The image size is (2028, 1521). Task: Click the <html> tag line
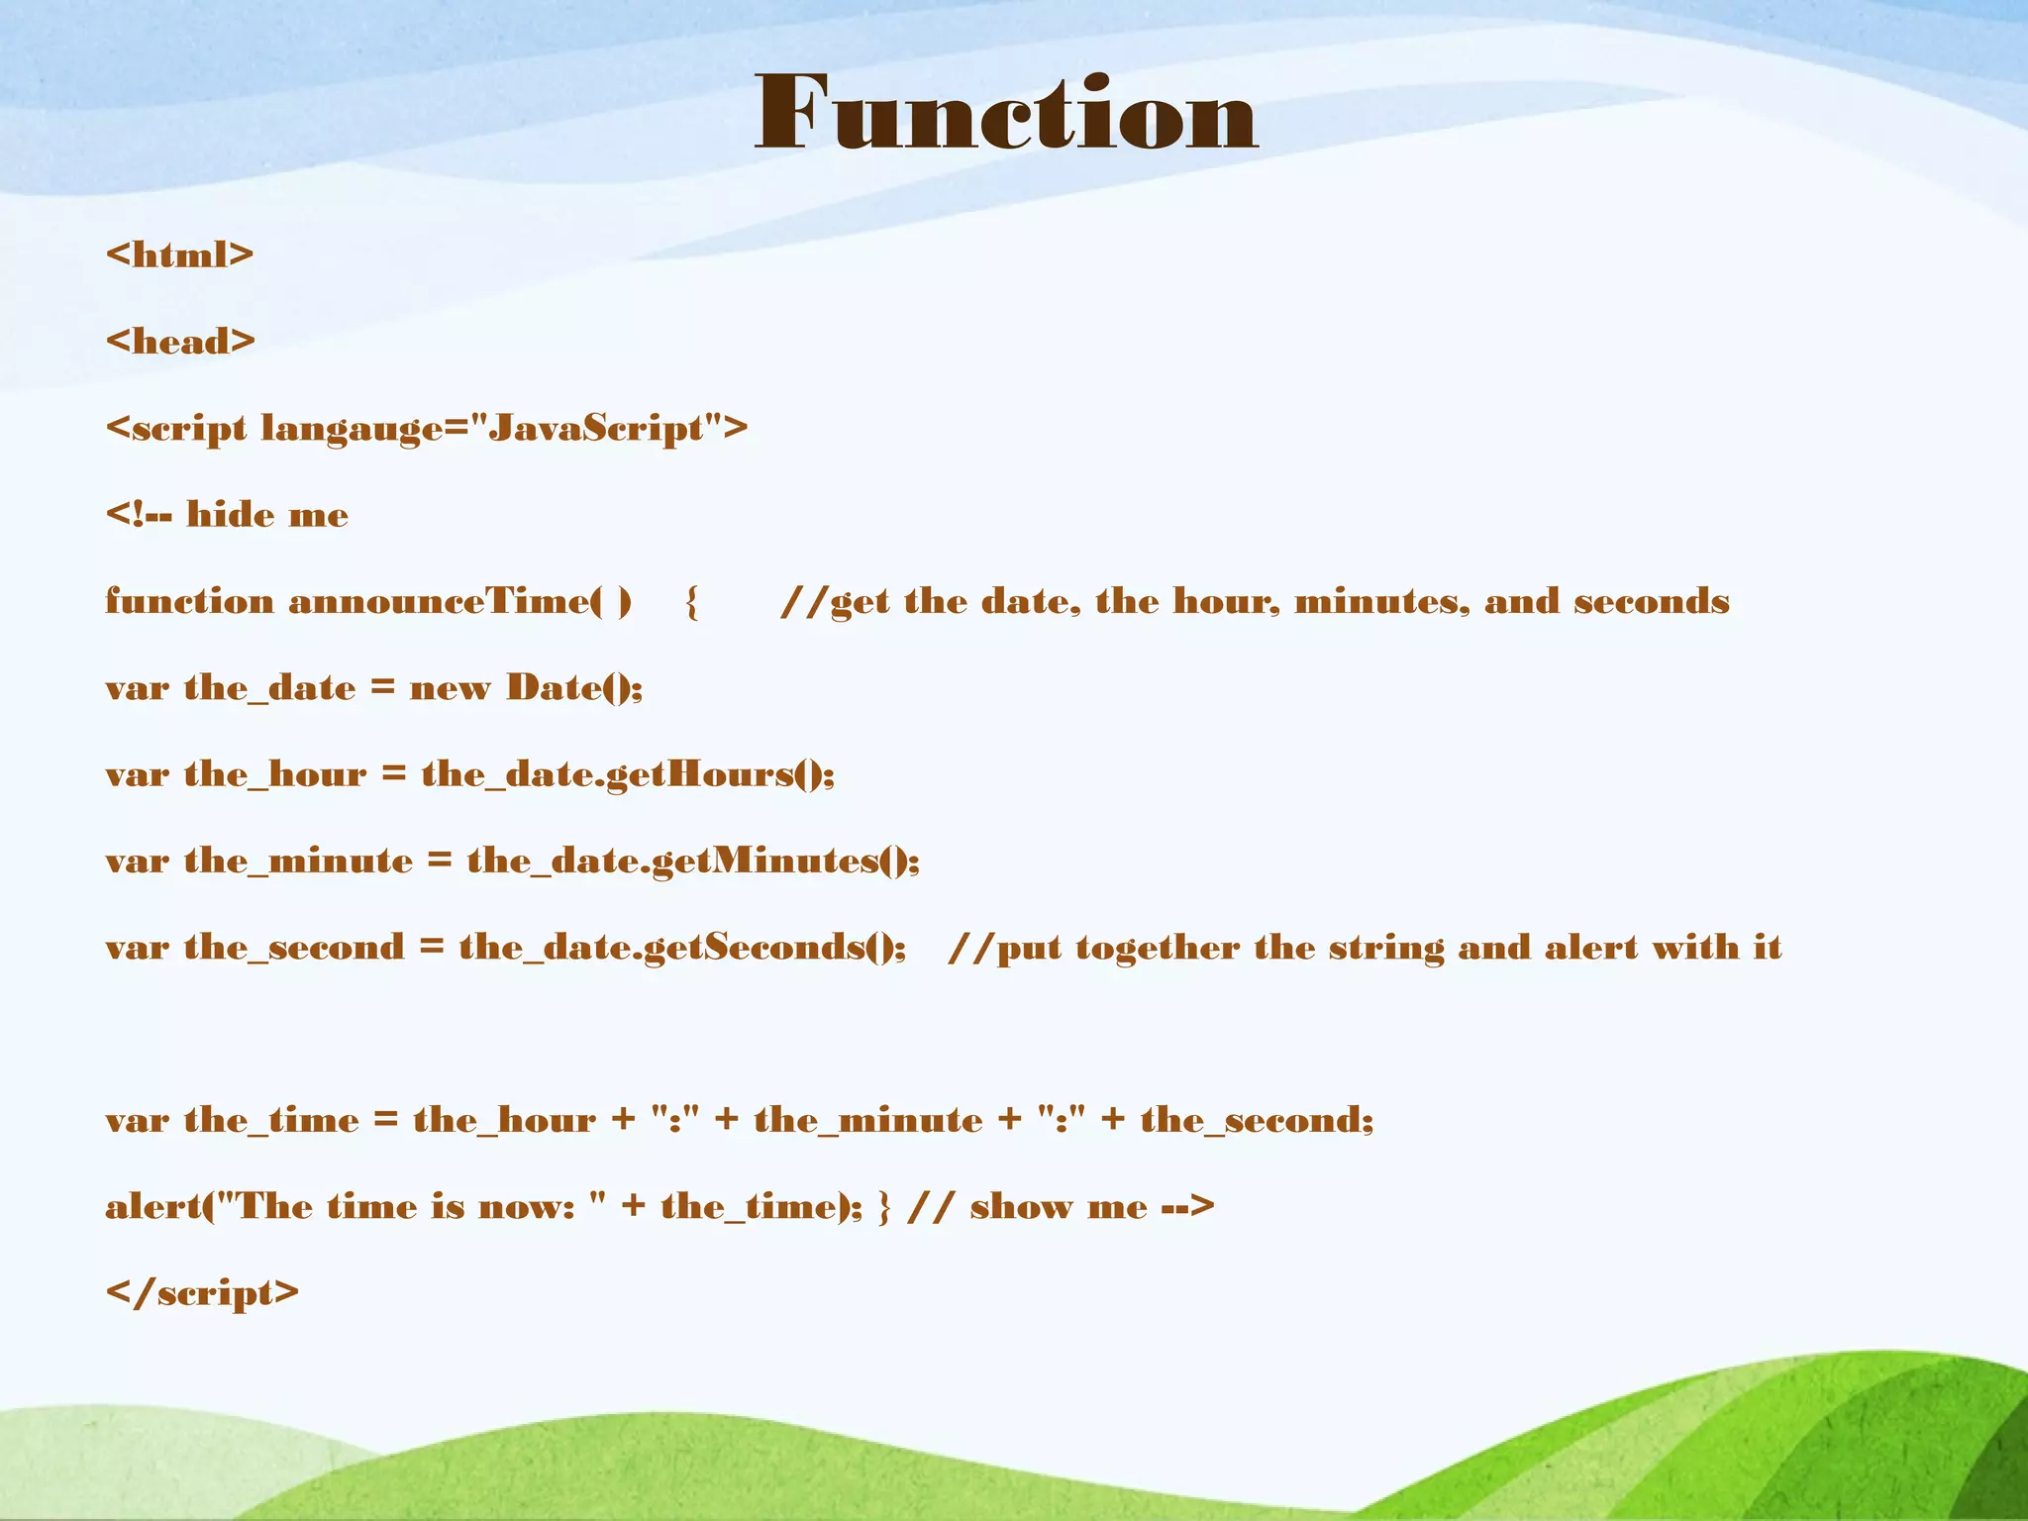tap(179, 255)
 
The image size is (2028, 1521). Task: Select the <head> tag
tap(179, 342)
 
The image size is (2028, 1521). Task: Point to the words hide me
tap(267, 515)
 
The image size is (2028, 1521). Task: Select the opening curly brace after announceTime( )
tap(691, 601)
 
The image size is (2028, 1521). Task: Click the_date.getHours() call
tap(628, 773)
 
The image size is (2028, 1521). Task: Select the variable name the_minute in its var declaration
tap(298, 861)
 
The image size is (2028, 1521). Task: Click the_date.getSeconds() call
tap(682, 947)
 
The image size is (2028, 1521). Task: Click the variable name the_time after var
tap(271, 1120)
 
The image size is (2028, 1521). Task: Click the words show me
tap(1058, 1206)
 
